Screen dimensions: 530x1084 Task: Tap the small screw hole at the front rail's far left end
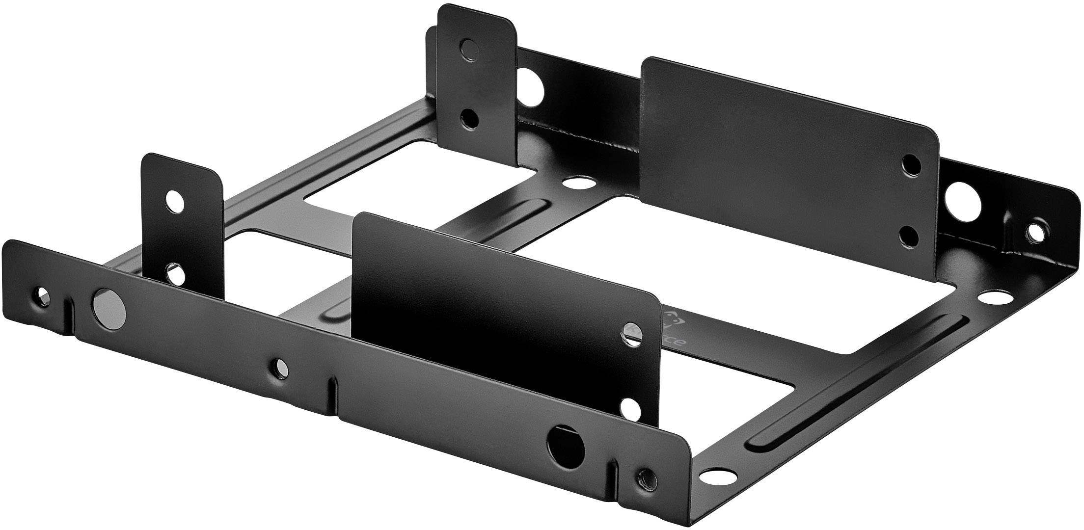42,296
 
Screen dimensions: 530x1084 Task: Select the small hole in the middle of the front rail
281,366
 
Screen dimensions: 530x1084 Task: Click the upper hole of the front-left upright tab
174,201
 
